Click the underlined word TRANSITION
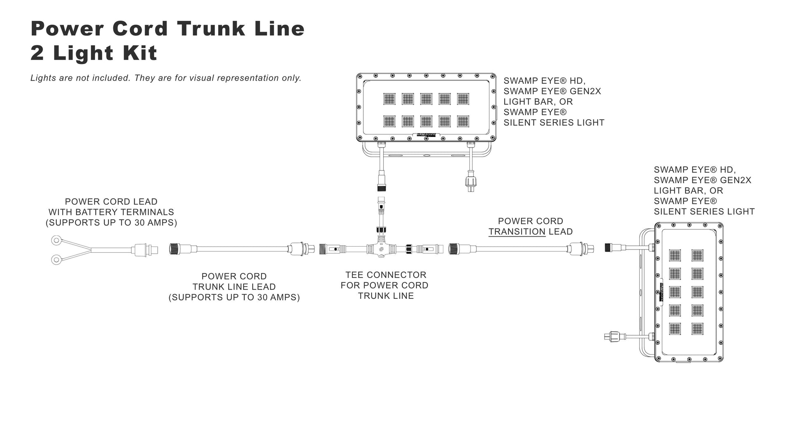(517, 232)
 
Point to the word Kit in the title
(138, 53)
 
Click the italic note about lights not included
(166, 78)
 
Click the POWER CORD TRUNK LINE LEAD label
(234, 287)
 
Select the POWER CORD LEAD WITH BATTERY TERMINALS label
(111, 212)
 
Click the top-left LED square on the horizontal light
(389, 99)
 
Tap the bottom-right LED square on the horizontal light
(463, 121)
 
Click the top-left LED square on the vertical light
(675, 255)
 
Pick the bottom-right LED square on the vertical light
(697, 329)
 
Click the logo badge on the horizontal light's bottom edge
(426, 134)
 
